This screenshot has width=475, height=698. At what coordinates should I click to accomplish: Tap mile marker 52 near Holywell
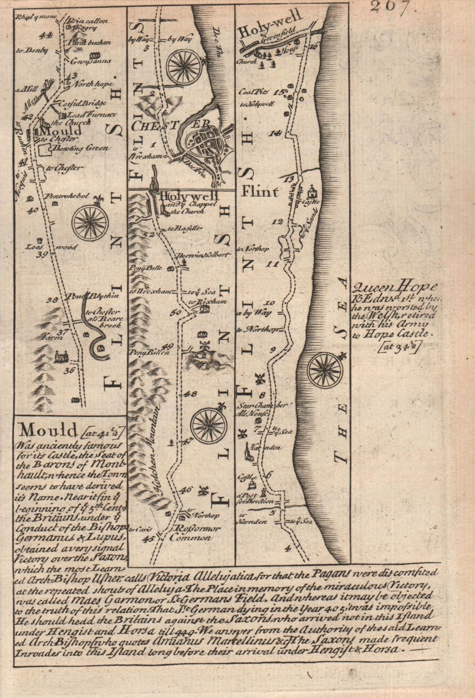pos(151,234)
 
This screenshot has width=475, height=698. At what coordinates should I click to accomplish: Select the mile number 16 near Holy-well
pos(313,47)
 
